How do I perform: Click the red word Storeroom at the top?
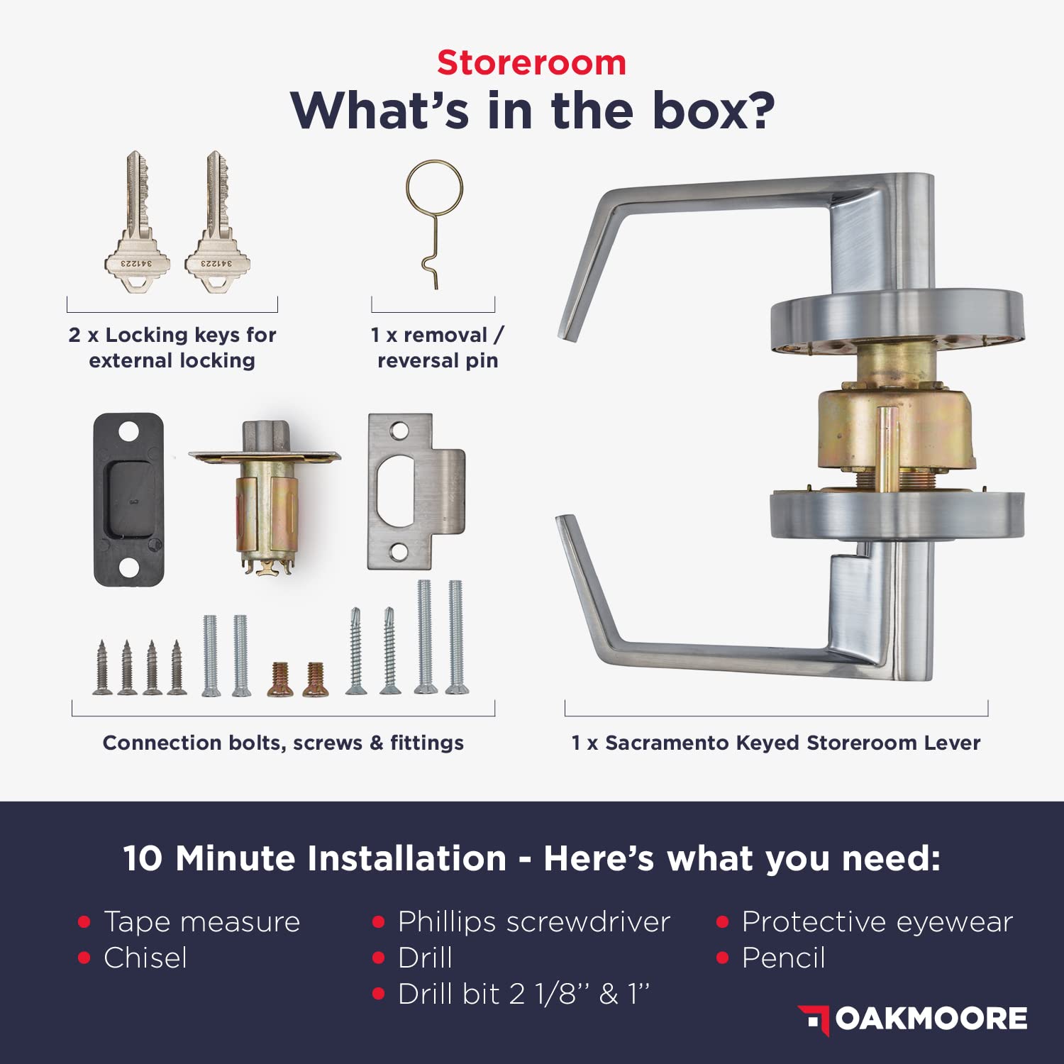pyautogui.click(x=531, y=62)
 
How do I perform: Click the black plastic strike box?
pyautogui.click(x=128, y=499)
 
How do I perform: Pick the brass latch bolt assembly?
pyautogui.click(x=264, y=497)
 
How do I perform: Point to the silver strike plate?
pyautogui.click(x=416, y=491)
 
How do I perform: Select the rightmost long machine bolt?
pyautogui.click(x=455, y=637)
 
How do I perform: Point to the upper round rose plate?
pyautogui.click(x=897, y=323)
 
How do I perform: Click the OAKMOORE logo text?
pyautogui.click(x=931, y=1019)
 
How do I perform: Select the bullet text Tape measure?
pyautogui.click(x=202, y=921)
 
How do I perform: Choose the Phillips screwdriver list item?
pyautogui.click(x=533, y=921)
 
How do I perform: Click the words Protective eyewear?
pyautogui.click(x=877, y=921)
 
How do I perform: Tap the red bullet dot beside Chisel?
pyautogui.click(x=84, y=958)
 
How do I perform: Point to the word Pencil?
pyautogui.click(x=784, y=958)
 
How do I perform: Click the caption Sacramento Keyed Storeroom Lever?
pyautogui.click(x=792, y=743)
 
